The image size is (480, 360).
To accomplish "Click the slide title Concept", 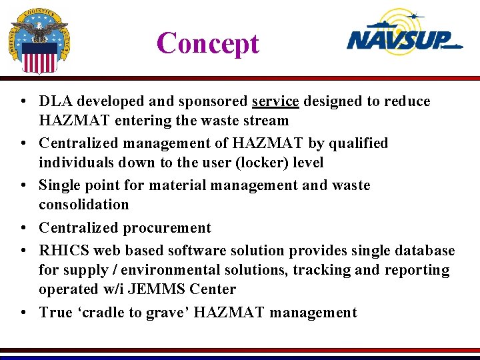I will pyautogui.click(x=207, y=44).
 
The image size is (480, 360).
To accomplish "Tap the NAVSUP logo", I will pyautogui.click(x=404, y=35).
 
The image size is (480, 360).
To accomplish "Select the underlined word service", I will pyautogui.click(x=275, y=101).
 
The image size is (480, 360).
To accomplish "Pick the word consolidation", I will pyautogui.click(x=84, y=204).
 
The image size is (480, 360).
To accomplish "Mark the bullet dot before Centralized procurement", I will pyautogui.click(x=23, y=228).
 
